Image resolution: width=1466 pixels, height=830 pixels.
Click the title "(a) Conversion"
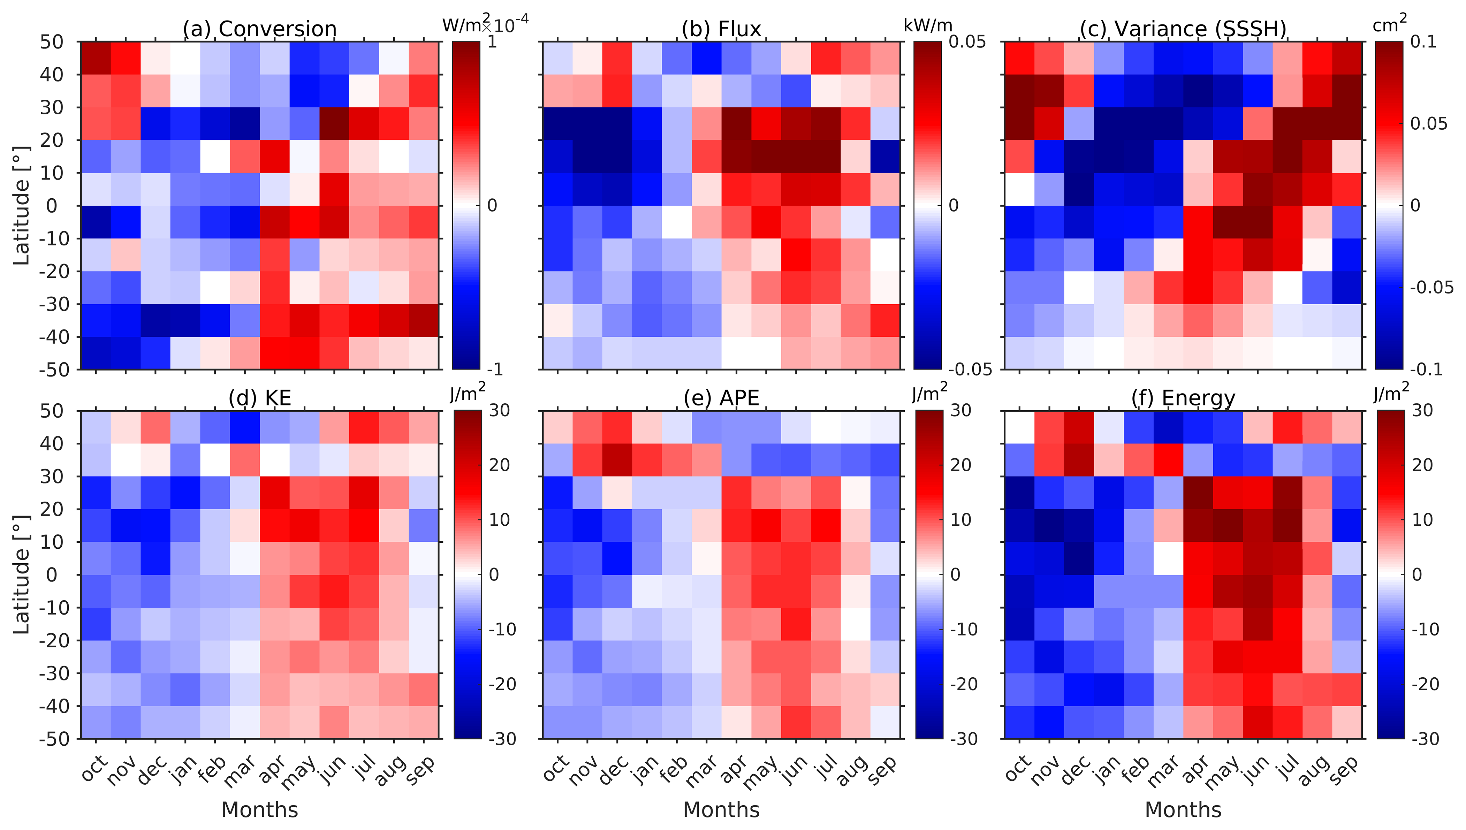(259, 29)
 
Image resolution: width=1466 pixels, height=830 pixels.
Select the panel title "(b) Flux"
(721, 29)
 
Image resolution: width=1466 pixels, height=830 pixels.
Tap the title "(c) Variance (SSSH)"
(1183, 29)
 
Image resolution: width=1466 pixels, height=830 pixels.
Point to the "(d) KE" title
(259, 397)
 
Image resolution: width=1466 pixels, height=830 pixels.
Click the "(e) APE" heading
(721, 397)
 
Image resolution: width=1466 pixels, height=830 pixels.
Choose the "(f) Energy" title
(1183, 397)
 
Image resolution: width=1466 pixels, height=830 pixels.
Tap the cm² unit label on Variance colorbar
(1390, 24)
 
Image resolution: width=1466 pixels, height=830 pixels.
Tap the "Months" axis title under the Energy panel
(1183, 809)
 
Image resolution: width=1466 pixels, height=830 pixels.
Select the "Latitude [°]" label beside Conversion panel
(22, 205)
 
